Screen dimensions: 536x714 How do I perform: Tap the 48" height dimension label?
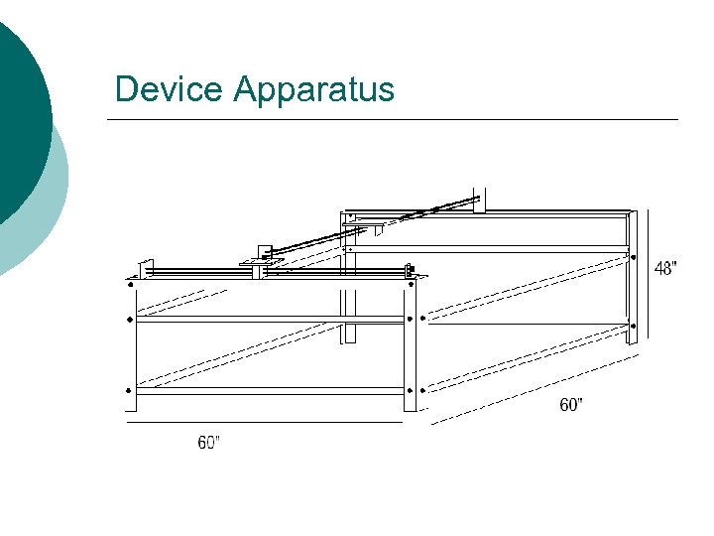(666, 268)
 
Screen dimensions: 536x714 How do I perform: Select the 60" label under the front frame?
(208, 443)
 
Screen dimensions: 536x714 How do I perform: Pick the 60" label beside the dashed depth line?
(571, 405)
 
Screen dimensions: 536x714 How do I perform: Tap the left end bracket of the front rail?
(145, 268)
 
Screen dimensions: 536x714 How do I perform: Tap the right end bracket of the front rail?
(410, 269)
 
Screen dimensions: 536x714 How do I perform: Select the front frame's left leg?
(131, 347)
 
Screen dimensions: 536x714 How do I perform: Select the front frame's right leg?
(411, 347)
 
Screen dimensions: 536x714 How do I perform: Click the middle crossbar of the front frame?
(270, 319)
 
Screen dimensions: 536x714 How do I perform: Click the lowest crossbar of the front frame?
(270, 391)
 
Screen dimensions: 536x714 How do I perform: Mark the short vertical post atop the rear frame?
(480, 199)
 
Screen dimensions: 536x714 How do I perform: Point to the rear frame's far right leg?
(630, 278)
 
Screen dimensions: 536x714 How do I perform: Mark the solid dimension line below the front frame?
(263, 422)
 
